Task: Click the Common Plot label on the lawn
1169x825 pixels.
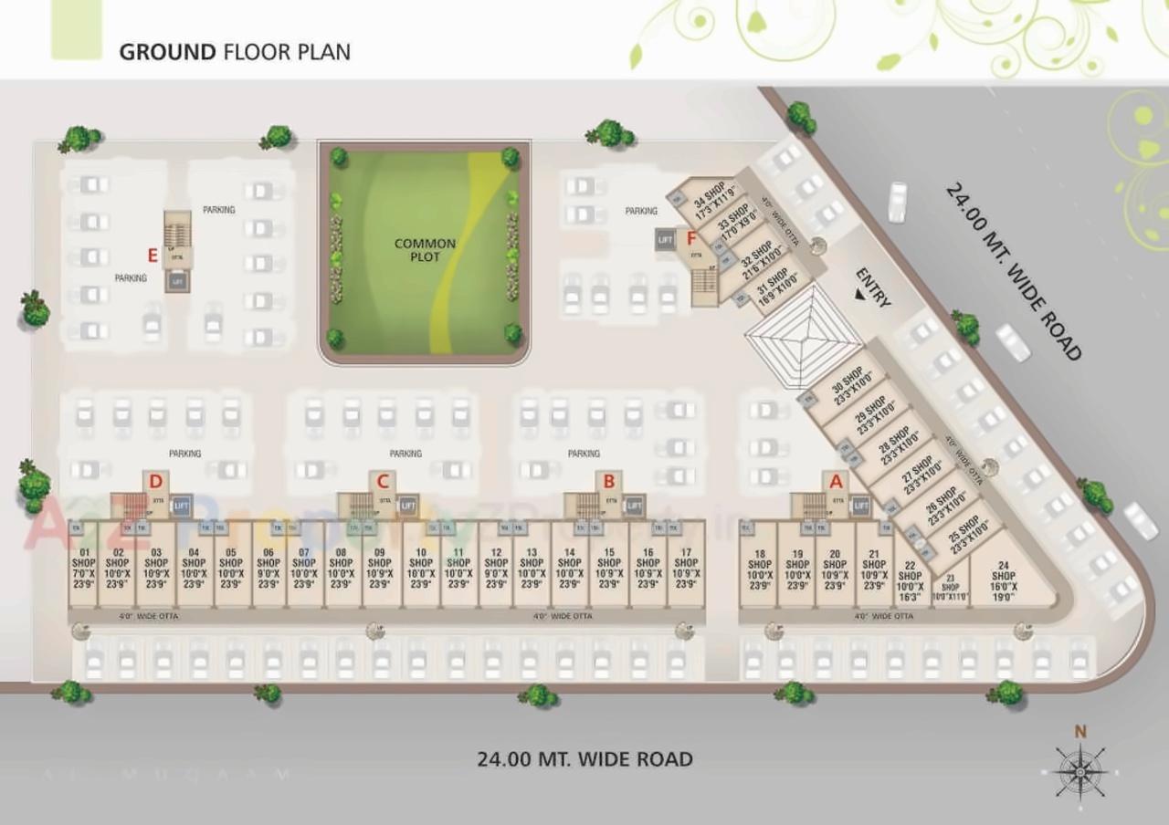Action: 425,250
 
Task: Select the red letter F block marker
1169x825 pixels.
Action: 691,243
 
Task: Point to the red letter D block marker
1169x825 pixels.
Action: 156,481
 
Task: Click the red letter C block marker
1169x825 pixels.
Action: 383,481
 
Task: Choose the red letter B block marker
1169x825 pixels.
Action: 608,481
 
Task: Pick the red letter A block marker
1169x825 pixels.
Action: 834,481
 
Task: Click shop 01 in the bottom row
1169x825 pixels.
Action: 83,569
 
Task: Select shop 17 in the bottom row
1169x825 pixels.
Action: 686,569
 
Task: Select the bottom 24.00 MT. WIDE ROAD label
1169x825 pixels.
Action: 584,758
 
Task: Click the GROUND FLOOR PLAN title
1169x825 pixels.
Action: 235,51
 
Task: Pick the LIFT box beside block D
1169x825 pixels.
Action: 181,505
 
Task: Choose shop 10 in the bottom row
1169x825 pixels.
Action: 421,569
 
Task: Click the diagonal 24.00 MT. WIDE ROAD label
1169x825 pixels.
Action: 1014,271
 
